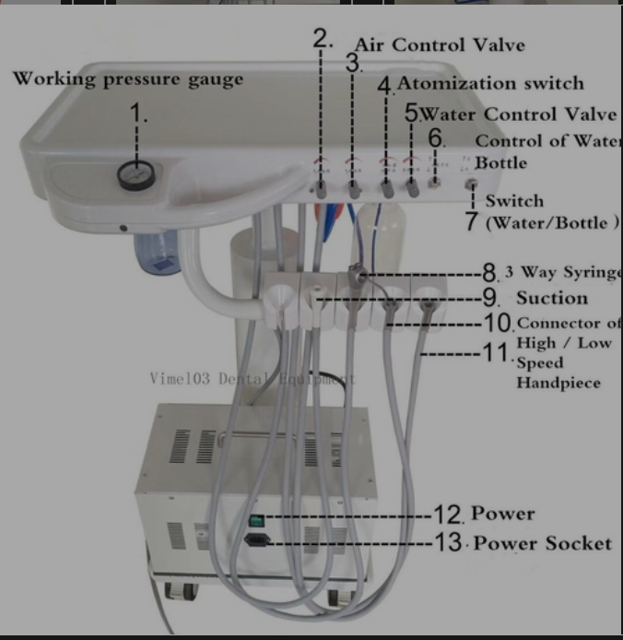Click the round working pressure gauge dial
(135, 175)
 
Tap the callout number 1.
(138, 114)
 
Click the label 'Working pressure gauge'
(128, 78)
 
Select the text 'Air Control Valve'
(440, 45)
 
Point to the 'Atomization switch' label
(490, 83)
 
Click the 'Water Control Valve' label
(518, 114)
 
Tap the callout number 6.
(437, 140)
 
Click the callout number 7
(471, 221)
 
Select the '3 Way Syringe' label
(561, 274)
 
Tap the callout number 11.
(497, 351)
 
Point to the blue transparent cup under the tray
(156, 255)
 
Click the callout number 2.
(322, 38)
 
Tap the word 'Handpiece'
(558, 382)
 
